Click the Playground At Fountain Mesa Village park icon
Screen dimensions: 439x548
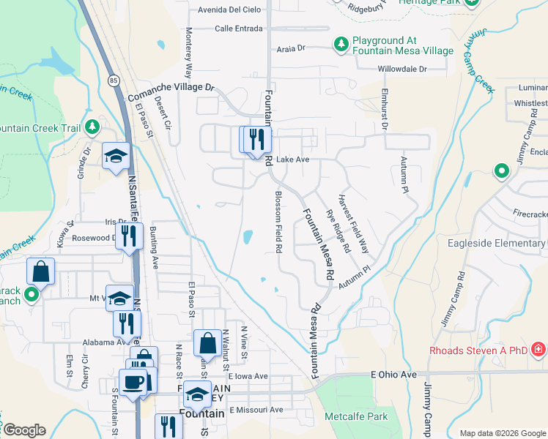(x=341, y=45)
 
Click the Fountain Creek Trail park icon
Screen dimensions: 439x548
(x=92, y=127)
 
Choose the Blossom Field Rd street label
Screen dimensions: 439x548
(x=278, y=222)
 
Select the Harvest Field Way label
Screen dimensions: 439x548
(x=353, y=224)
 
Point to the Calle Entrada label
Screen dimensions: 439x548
(x=239, y=29)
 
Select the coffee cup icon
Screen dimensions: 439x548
(x=133, y=382)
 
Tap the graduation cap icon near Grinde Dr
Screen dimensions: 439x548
(x=116, y=155)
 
